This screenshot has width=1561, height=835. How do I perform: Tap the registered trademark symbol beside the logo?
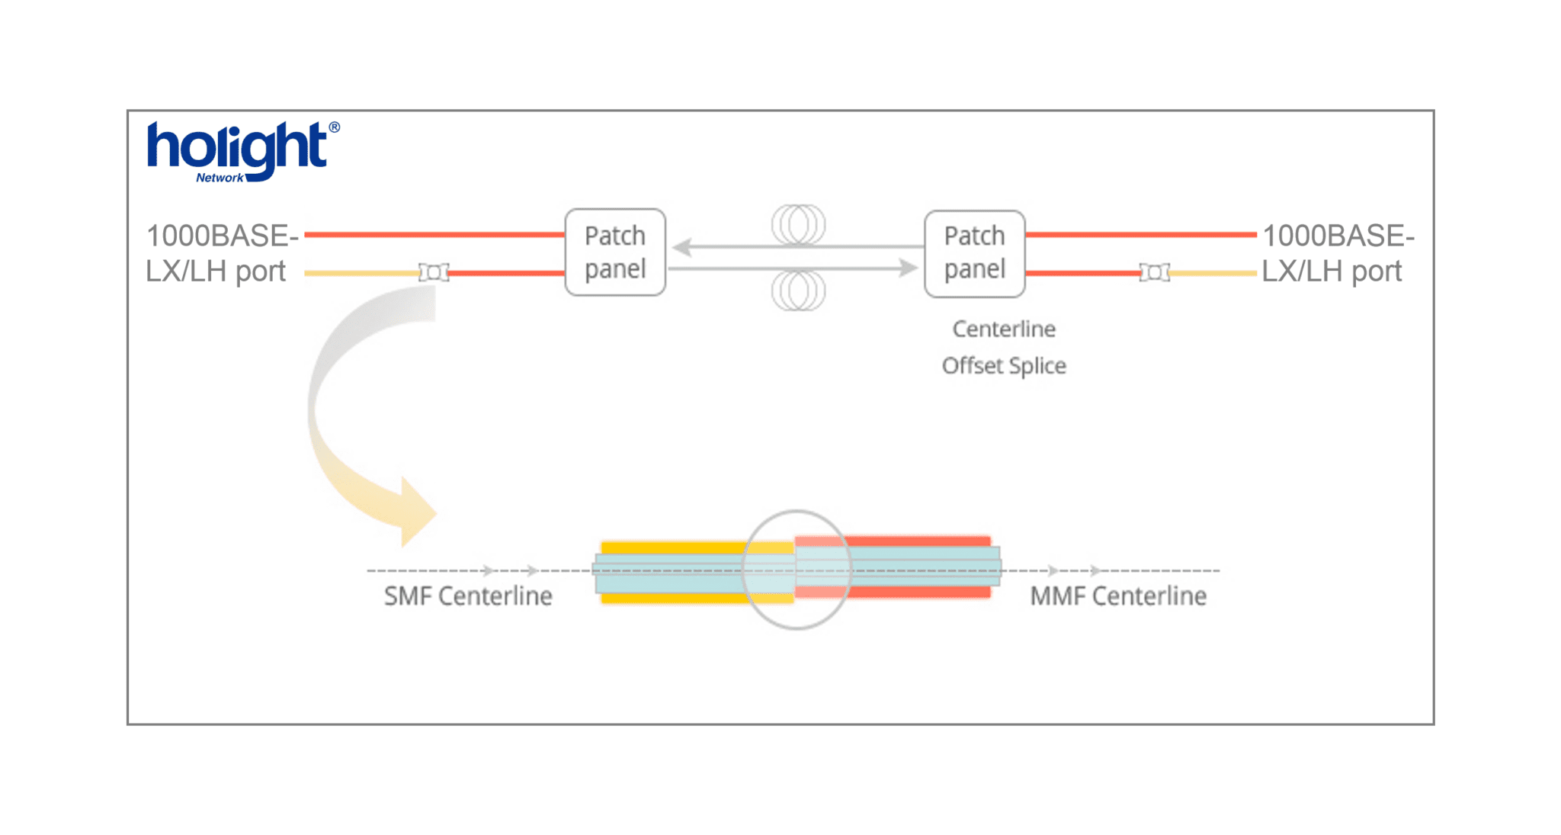pos(334,127)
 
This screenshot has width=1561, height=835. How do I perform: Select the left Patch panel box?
pos(615,252)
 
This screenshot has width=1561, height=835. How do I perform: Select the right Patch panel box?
pos(974,253)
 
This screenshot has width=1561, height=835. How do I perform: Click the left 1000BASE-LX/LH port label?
pos(221,253)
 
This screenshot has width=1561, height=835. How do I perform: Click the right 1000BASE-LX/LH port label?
pos(1337,253)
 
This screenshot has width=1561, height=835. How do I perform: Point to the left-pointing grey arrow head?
pos(682,246)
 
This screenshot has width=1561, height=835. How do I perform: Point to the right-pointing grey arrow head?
pos(908,268)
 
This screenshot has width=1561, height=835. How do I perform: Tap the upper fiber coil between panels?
pos(798,224)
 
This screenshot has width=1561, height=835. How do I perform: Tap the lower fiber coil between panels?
pos(798,291)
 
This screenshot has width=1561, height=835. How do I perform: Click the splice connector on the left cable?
pos(434,272)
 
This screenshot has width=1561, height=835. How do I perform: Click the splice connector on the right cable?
pos(1155,272)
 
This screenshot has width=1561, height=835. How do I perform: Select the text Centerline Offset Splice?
pos(1004,348)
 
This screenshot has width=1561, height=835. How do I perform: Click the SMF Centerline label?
pos(468,596)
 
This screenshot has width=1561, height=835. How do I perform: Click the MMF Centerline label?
pos(1118,596)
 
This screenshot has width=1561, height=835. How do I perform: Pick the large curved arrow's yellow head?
pos(415,512)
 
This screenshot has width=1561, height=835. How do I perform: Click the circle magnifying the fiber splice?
pos(797,570)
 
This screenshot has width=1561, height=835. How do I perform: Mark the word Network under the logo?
pos(220,178)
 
